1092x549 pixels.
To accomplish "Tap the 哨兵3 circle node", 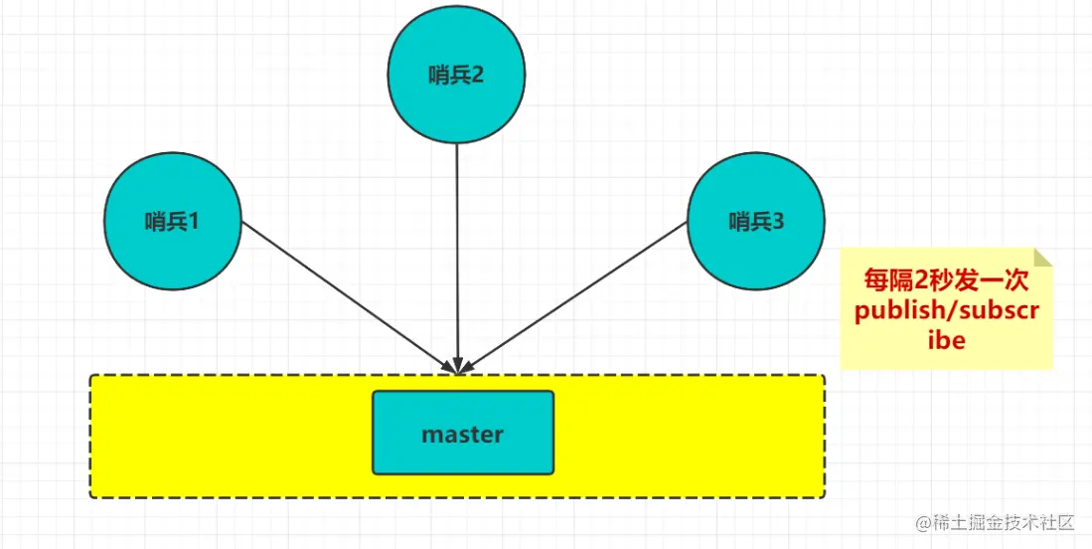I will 756,249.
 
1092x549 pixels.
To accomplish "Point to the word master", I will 463,435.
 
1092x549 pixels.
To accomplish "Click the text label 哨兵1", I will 173,222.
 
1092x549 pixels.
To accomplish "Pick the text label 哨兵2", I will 456,76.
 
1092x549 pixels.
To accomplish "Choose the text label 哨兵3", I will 756,222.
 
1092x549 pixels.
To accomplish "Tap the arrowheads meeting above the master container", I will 457,365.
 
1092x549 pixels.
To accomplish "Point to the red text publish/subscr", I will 946,311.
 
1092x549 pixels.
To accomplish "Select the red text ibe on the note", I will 946,339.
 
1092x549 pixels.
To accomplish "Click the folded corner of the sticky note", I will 1043,257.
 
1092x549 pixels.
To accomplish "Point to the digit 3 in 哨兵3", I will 778,222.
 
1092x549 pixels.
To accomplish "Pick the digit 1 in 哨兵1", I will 194,222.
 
